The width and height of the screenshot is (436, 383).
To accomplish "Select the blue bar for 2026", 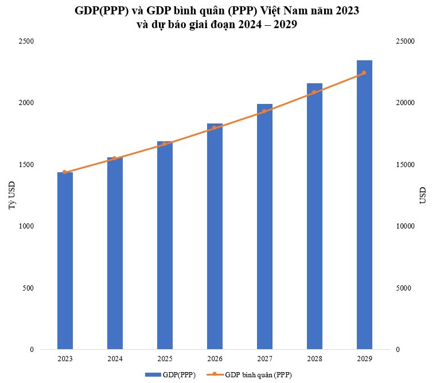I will (x=215, y=236).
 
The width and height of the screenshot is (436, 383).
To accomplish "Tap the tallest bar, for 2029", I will (x=364, y=204).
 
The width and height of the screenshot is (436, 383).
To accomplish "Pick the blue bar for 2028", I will (x=314, y=216).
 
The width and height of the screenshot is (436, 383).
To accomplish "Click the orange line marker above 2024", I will (x=115, y=158).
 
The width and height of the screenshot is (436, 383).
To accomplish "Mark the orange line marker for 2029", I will (x=364, y=73).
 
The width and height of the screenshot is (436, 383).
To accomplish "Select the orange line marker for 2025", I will (x=165, y=144).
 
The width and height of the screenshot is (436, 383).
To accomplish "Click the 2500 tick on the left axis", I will (x=26, y=41).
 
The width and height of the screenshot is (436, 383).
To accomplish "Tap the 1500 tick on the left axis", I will (x=26, y=165).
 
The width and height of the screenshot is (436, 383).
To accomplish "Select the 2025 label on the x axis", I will (x=165, y=359).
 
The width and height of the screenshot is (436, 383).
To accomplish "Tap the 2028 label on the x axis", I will (x=314, y=359).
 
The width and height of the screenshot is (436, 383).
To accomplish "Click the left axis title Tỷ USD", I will (x=11, y=195).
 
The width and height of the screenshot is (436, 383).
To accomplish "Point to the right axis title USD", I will (x=423, y=195).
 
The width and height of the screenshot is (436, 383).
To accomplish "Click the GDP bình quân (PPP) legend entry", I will (x=252, y=375).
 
